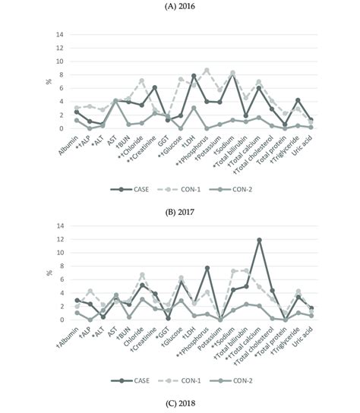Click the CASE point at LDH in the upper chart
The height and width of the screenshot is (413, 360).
194,76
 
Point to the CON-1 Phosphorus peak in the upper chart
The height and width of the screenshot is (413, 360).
207,70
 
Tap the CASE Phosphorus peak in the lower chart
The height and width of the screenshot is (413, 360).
207,268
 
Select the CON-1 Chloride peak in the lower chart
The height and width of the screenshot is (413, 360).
141,275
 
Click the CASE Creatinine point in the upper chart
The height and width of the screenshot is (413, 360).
154,87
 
